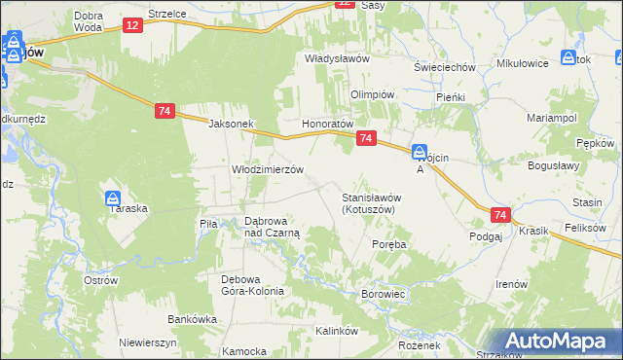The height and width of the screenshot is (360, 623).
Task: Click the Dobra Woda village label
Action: (88, 21)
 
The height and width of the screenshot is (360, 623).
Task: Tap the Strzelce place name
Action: (166, 15)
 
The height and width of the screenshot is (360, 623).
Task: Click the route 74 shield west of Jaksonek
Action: (164, 112)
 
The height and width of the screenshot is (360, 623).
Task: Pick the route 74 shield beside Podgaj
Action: (500, 215)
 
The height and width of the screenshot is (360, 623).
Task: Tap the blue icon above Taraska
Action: (113, 198)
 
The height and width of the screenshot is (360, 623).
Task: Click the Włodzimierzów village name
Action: (267, 168)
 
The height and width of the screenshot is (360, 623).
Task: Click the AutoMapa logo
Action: (561, 342)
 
